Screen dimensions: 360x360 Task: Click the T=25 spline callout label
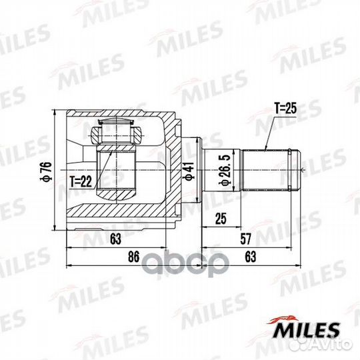285,108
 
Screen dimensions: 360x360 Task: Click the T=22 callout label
81,182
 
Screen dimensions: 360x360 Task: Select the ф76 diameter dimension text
46,171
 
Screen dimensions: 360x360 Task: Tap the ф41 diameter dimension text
189,171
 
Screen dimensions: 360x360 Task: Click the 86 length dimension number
133,257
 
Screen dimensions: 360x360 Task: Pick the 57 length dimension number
245,239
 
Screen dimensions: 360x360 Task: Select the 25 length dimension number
221,219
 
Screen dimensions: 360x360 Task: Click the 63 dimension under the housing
115,239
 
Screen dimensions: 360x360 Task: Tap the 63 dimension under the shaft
250,257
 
